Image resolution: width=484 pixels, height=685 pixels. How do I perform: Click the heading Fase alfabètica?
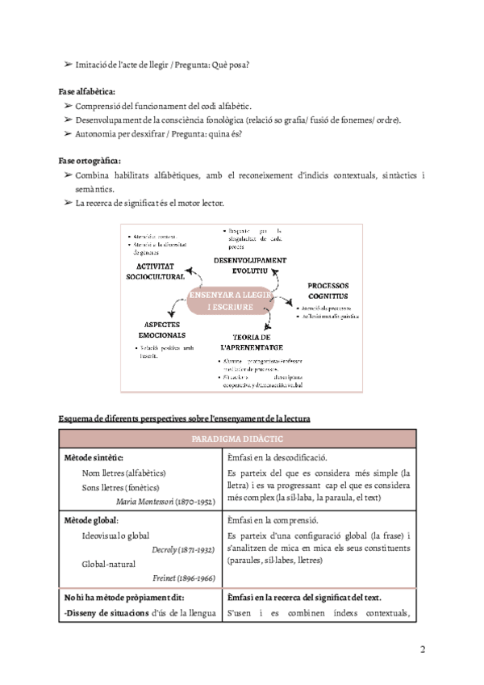(x=87, y=91)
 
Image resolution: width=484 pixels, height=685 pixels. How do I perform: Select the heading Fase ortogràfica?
(x=90, y=160)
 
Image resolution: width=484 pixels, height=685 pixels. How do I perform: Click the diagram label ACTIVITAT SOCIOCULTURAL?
(x=155, y=271)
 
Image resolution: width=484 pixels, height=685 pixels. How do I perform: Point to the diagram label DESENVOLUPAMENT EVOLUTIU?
(x=250, y=265)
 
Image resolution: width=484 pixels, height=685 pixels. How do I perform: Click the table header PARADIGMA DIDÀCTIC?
(x=237, y=439)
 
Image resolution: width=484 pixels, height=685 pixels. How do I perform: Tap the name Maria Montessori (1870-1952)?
(x=165, y=502)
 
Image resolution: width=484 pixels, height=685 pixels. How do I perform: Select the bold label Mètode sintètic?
(x=94, y=458)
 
